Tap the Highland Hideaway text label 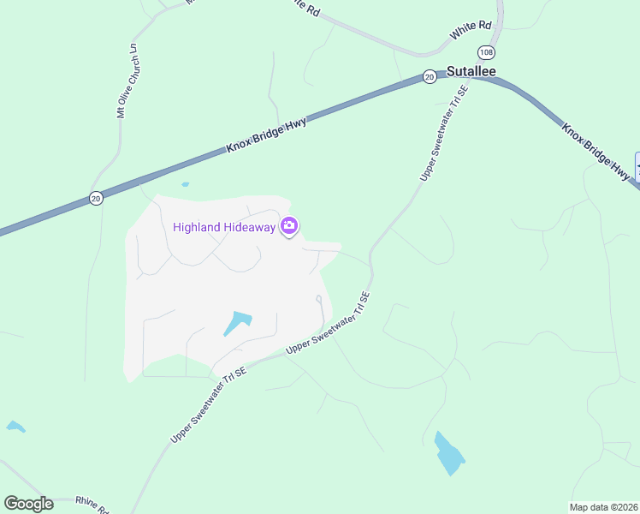point(225,226)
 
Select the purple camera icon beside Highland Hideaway point(289,226)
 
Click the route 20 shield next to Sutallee point(429,77)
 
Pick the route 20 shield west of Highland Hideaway point(96,199)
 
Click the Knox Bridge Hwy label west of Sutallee point(266,135)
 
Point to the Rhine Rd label point(91,505)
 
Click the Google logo point(28,504)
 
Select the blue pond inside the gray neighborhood point(238,323)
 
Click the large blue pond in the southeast point(448,453)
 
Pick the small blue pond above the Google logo point(15,426)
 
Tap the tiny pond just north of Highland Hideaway point(185,184)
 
